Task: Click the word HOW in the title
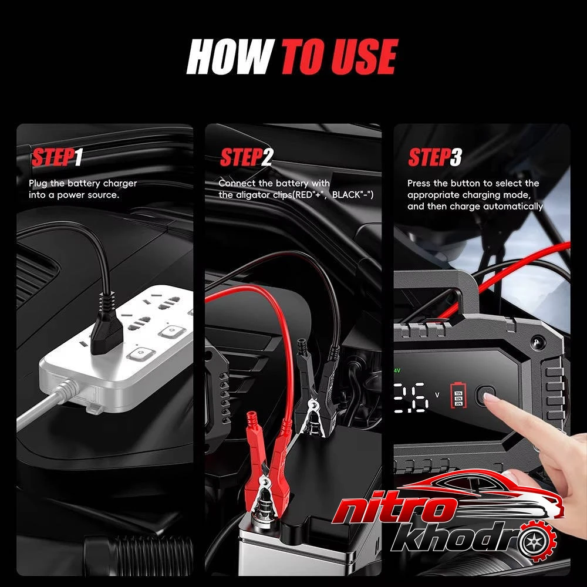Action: pos(230,56)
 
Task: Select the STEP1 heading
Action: pos(57,157)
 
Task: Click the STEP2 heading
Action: pos(247,157)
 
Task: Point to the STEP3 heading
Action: pos(435,157)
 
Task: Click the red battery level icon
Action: pos(458,395)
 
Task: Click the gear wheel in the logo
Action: pos(536,541)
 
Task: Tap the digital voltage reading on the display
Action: pos(411,397)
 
